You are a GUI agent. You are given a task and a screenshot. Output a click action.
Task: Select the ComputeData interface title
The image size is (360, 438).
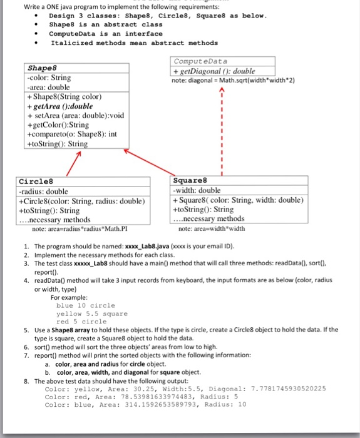[200, 62]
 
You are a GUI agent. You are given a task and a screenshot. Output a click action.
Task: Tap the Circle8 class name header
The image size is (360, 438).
[31, 181]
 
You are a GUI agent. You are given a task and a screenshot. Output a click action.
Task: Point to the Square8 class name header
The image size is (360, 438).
[188, 181]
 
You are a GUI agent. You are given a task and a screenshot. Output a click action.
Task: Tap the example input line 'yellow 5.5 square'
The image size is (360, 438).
[91, 313]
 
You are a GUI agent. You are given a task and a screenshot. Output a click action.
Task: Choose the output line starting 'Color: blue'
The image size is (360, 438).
[146, 404]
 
